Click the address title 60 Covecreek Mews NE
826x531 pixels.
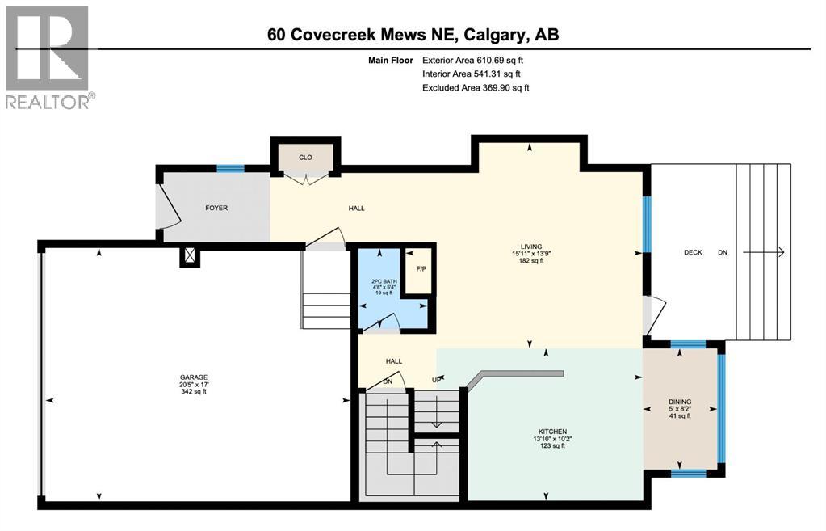point(413,35)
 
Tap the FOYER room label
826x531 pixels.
point(216,208)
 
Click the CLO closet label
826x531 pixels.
point(305,158)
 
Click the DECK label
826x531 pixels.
point(693,252)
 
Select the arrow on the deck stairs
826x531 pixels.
point(764,252)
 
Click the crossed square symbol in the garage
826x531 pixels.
point(190,256)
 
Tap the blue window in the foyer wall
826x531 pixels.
point(229,168)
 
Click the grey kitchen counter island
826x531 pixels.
point(517,376)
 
